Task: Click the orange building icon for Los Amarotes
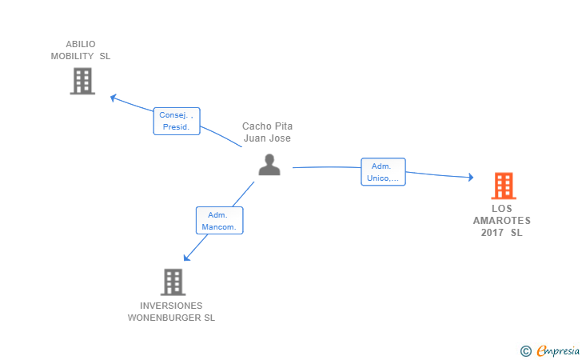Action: pyautogui.click(x=503, y=186)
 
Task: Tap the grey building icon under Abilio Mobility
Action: pyautogui.click(x=82, y=81)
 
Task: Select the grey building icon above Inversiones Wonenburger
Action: pyautogui.click(x=173, y=282)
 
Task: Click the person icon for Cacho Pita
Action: pyautogui.click(x=269, y=164)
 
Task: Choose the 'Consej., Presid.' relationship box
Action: pyautogui.click(x=176, y=121)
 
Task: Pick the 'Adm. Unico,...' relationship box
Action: pyautogui.click(x=384, y=172)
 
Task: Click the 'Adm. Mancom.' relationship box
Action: pyautogui.click(x=219, y=221)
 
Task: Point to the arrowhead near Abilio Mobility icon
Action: pyautogui.click(x=114, y=98)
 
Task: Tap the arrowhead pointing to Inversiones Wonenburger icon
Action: pyautogui.click(x=186, y=257)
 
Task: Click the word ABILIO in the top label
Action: pyautogui.click(x=81, y=44)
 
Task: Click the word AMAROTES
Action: pyautogui.click(x=501, y=221)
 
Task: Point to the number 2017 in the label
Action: pyautogui.click(x=492, y=233)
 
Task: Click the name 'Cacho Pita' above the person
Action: pyautogui.click(x=267, y=126)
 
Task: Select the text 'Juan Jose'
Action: pyautogui.click(x=267, y=138)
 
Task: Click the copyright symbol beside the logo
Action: pyautogui.click(x=525, y=350)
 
